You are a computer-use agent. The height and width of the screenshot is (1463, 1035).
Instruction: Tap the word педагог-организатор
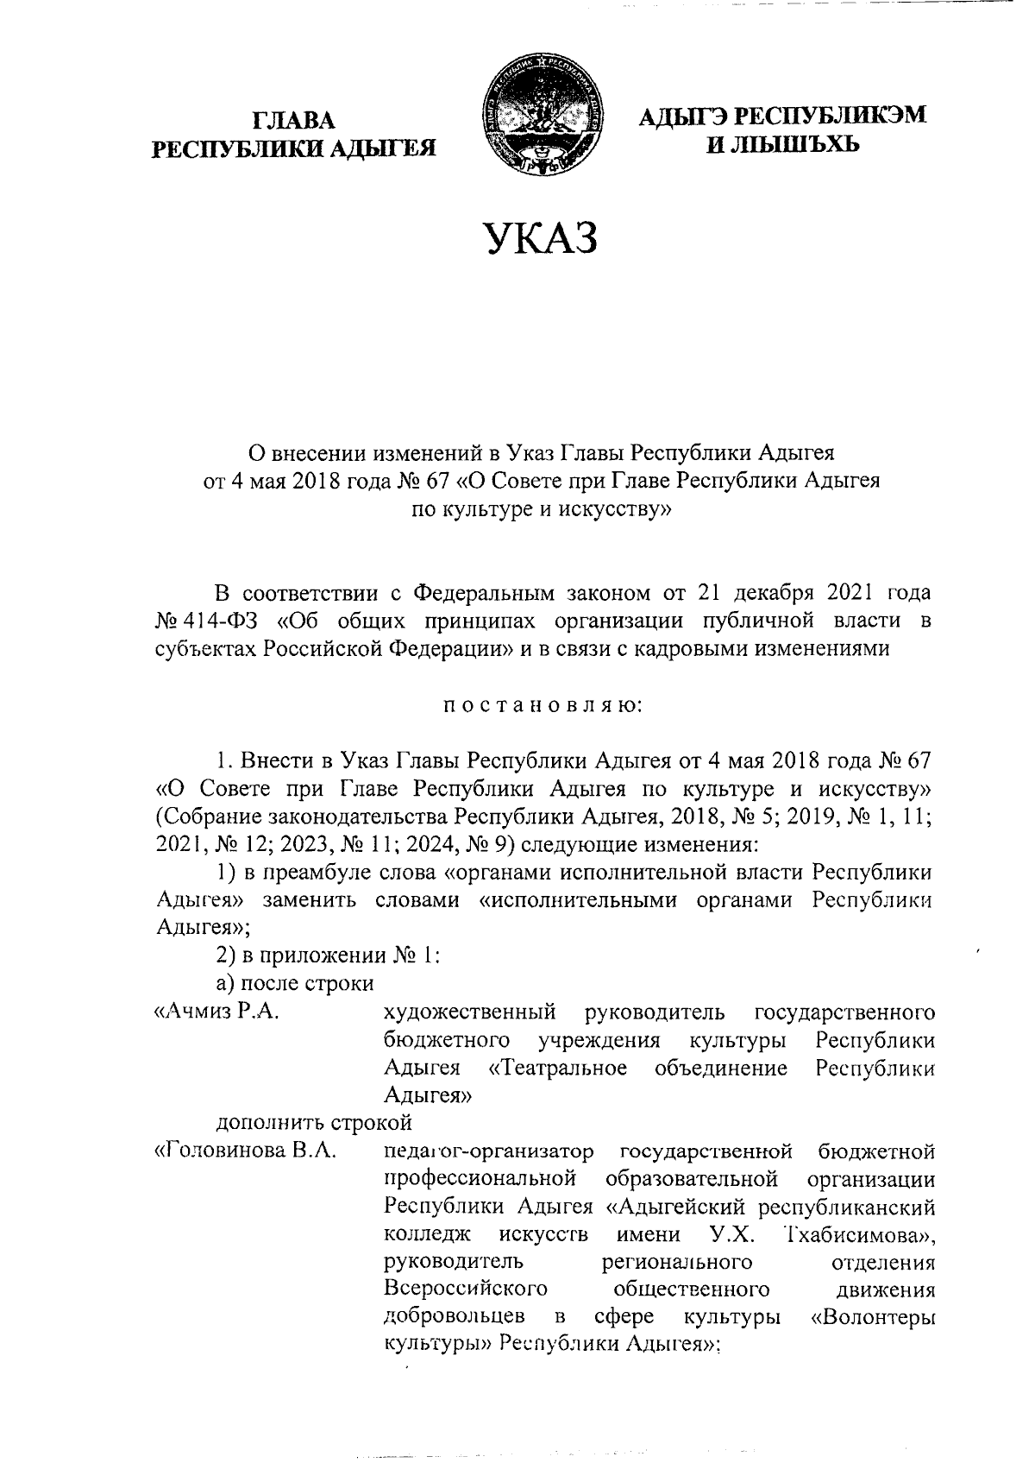(489, 1152)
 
